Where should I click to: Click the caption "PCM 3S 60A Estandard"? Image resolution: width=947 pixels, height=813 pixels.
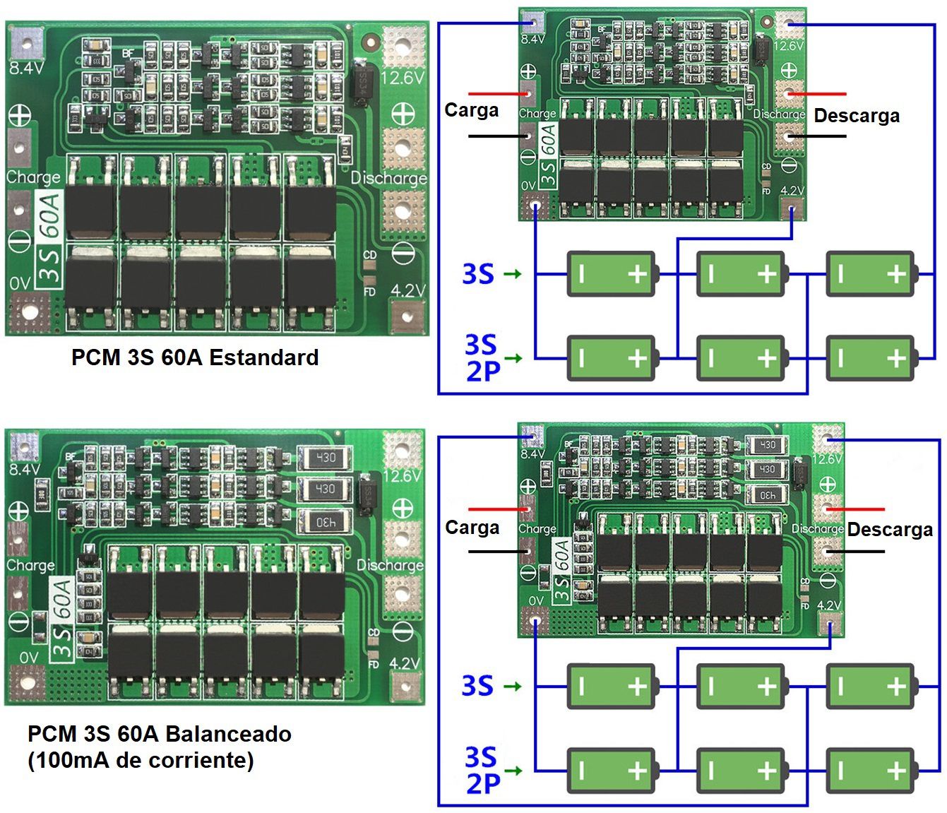(x=195, y=357)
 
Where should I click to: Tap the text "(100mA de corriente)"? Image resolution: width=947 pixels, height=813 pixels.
(x=141, y=760)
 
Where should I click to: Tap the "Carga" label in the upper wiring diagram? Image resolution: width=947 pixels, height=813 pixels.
(x=471, y=110)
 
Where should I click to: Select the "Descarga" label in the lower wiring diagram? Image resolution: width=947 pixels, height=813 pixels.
(x=889, y=530)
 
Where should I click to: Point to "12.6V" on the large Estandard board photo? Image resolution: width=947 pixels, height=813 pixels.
(x=402, y=77)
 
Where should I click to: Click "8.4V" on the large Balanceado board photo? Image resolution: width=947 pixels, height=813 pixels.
(x=25, y=469)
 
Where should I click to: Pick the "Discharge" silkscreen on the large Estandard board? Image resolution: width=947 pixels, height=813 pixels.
(x=389, y=177)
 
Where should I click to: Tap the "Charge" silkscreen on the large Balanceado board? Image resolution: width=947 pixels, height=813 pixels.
(x=30, y=565)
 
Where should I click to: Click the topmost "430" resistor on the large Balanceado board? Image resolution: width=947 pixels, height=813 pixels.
(x=324, y=457)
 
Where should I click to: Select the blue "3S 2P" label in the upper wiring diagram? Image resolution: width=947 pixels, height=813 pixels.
(x=482, y=357)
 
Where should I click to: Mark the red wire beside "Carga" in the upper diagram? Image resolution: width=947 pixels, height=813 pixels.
(x=498, y=93)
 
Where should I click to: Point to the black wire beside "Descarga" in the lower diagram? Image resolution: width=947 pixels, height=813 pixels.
(x=855, y=551)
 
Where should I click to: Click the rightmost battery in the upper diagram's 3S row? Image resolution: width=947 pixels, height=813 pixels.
(x=871, y=273)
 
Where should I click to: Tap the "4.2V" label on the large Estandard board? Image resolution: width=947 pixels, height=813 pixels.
(x=407, y=290)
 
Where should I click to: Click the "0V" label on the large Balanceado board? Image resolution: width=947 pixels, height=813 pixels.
(x=29, y=658)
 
